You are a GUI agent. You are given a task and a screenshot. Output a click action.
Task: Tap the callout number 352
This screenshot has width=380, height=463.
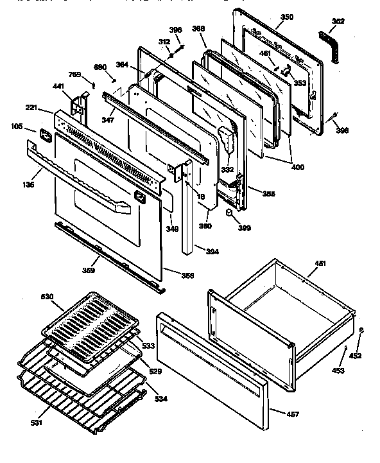pos(338,21)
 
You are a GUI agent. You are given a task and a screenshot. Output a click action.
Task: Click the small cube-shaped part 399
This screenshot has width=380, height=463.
pos(229,213)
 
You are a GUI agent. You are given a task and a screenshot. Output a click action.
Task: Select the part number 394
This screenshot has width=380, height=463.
pos(212,251)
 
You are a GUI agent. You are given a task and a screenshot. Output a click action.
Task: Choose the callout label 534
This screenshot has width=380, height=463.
pos(160,399)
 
